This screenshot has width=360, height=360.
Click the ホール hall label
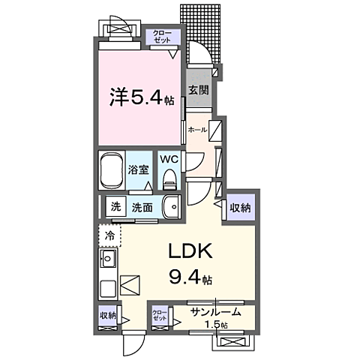click(197, 130)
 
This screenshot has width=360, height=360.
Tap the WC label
click(168, 159)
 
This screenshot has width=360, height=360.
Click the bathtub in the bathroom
click(113, 171)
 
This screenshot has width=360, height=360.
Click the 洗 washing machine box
click(115, 207)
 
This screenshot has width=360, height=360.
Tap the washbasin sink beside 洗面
click(172, 206)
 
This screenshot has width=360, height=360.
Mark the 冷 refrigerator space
click(109, 235)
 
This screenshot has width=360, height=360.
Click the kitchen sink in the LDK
click(106, 262)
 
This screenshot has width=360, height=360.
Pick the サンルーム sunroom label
click(215, 312)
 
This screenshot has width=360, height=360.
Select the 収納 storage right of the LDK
click(240, 208)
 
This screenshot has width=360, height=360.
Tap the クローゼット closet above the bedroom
click(162, 37)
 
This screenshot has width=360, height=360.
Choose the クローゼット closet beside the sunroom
click(160, 314)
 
